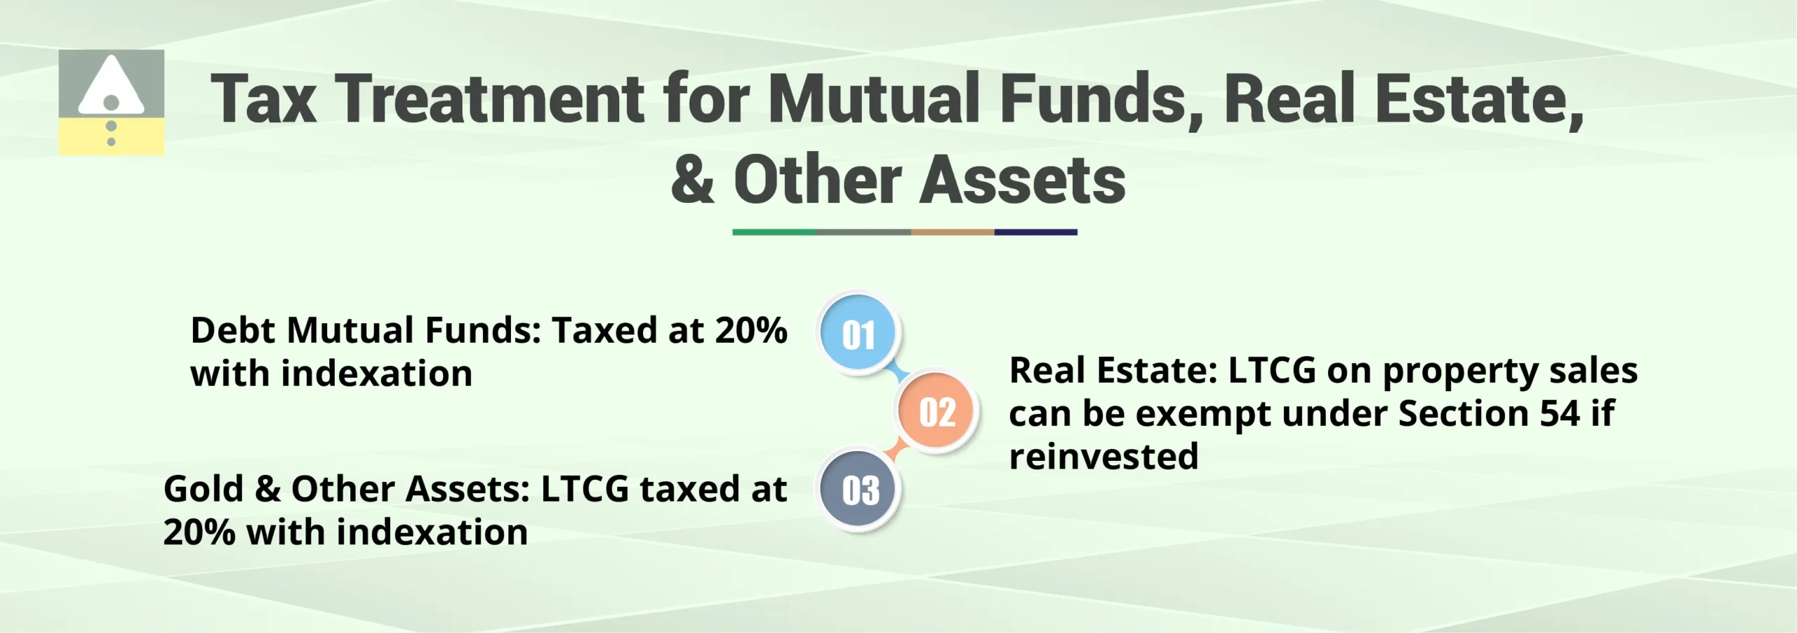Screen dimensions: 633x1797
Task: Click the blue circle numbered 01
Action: tap(858, 333)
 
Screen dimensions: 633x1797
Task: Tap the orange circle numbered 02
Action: tap(937, 411)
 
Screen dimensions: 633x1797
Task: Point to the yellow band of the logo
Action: tap(111, 136)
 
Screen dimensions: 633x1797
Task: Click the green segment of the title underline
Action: tap(774, 232)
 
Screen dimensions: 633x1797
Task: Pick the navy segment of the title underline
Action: tap(1035, 232)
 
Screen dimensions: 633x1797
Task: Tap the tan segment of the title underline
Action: tap(952, 232)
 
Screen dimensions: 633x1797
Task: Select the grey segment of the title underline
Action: tap(863, 232)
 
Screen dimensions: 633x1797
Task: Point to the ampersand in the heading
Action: tap(692, 181)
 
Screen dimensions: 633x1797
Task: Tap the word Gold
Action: tap(203, 489)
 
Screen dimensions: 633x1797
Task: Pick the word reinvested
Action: tap(1103, 457)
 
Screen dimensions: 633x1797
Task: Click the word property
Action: tap(1461, 372)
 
